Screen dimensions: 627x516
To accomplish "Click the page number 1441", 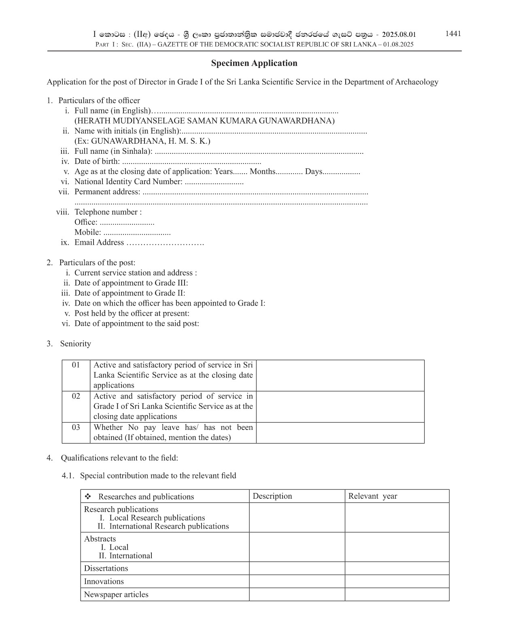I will coord(453,34).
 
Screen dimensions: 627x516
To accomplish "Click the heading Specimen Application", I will coord(254,63).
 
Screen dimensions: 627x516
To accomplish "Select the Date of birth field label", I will coord(97,162).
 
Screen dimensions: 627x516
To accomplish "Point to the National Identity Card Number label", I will coord(128,182).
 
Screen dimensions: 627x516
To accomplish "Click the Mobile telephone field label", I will coord(88,232).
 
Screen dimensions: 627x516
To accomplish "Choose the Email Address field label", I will coord(99,242).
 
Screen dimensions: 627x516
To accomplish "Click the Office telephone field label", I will coord(86,222).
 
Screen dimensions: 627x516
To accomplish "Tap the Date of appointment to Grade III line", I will coord(131,283).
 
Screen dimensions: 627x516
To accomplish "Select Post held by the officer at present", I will coord(132,313).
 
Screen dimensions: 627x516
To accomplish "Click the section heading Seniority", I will coord(75,344).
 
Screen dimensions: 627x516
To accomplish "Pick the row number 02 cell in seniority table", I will coord(76,396).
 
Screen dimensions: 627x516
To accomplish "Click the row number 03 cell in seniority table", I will coord(76,427).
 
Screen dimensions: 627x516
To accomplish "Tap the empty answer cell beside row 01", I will coord(340,375).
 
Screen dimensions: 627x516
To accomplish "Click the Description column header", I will coord(272,496).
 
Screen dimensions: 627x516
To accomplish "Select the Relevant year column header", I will coord(372,496).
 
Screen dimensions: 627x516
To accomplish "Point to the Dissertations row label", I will coord(106,568).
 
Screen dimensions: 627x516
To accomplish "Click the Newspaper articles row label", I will coord(116,595).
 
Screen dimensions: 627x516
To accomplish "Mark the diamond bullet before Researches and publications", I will coord(88,497).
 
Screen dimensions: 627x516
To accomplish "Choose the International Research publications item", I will coord(169,526).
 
